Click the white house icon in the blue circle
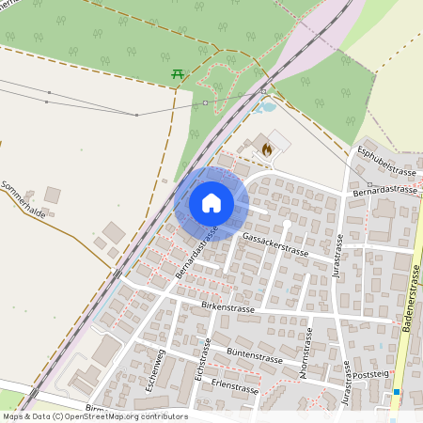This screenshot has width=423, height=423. point(211,202)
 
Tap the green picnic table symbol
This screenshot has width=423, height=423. point(177,72)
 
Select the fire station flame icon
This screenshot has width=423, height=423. point(267,148)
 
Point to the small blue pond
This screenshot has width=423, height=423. point(267,106)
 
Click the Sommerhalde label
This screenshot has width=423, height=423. point(23,198)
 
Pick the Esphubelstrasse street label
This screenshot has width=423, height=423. point(386,160)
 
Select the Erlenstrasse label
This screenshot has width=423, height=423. point(235,387)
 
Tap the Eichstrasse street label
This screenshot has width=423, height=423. point(202,358)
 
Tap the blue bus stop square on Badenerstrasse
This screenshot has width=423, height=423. point(398,391)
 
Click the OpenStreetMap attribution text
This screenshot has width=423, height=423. point(95,416)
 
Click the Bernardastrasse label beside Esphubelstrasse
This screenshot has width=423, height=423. point(384,190)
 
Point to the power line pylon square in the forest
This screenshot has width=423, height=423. point(205,102)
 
